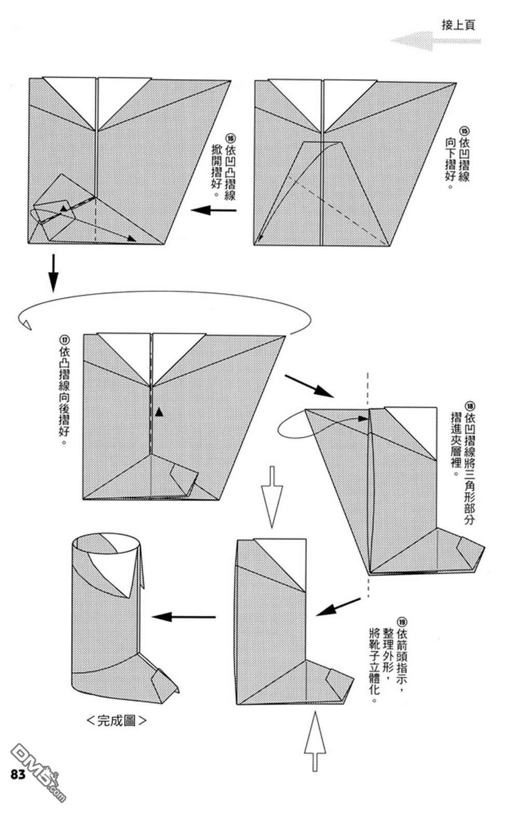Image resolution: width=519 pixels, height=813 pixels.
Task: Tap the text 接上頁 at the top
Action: click(x=458, y=25)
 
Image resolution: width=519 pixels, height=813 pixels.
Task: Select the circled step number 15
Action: click(x=464, y=130)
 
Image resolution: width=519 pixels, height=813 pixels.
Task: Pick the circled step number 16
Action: click(x=230, y=138)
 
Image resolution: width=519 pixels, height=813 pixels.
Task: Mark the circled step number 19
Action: click(x=402, y=621)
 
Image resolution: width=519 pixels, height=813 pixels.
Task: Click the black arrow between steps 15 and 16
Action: click(x=213, y=210)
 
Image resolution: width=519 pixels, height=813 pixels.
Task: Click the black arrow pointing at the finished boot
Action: click(x=183, y=616)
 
